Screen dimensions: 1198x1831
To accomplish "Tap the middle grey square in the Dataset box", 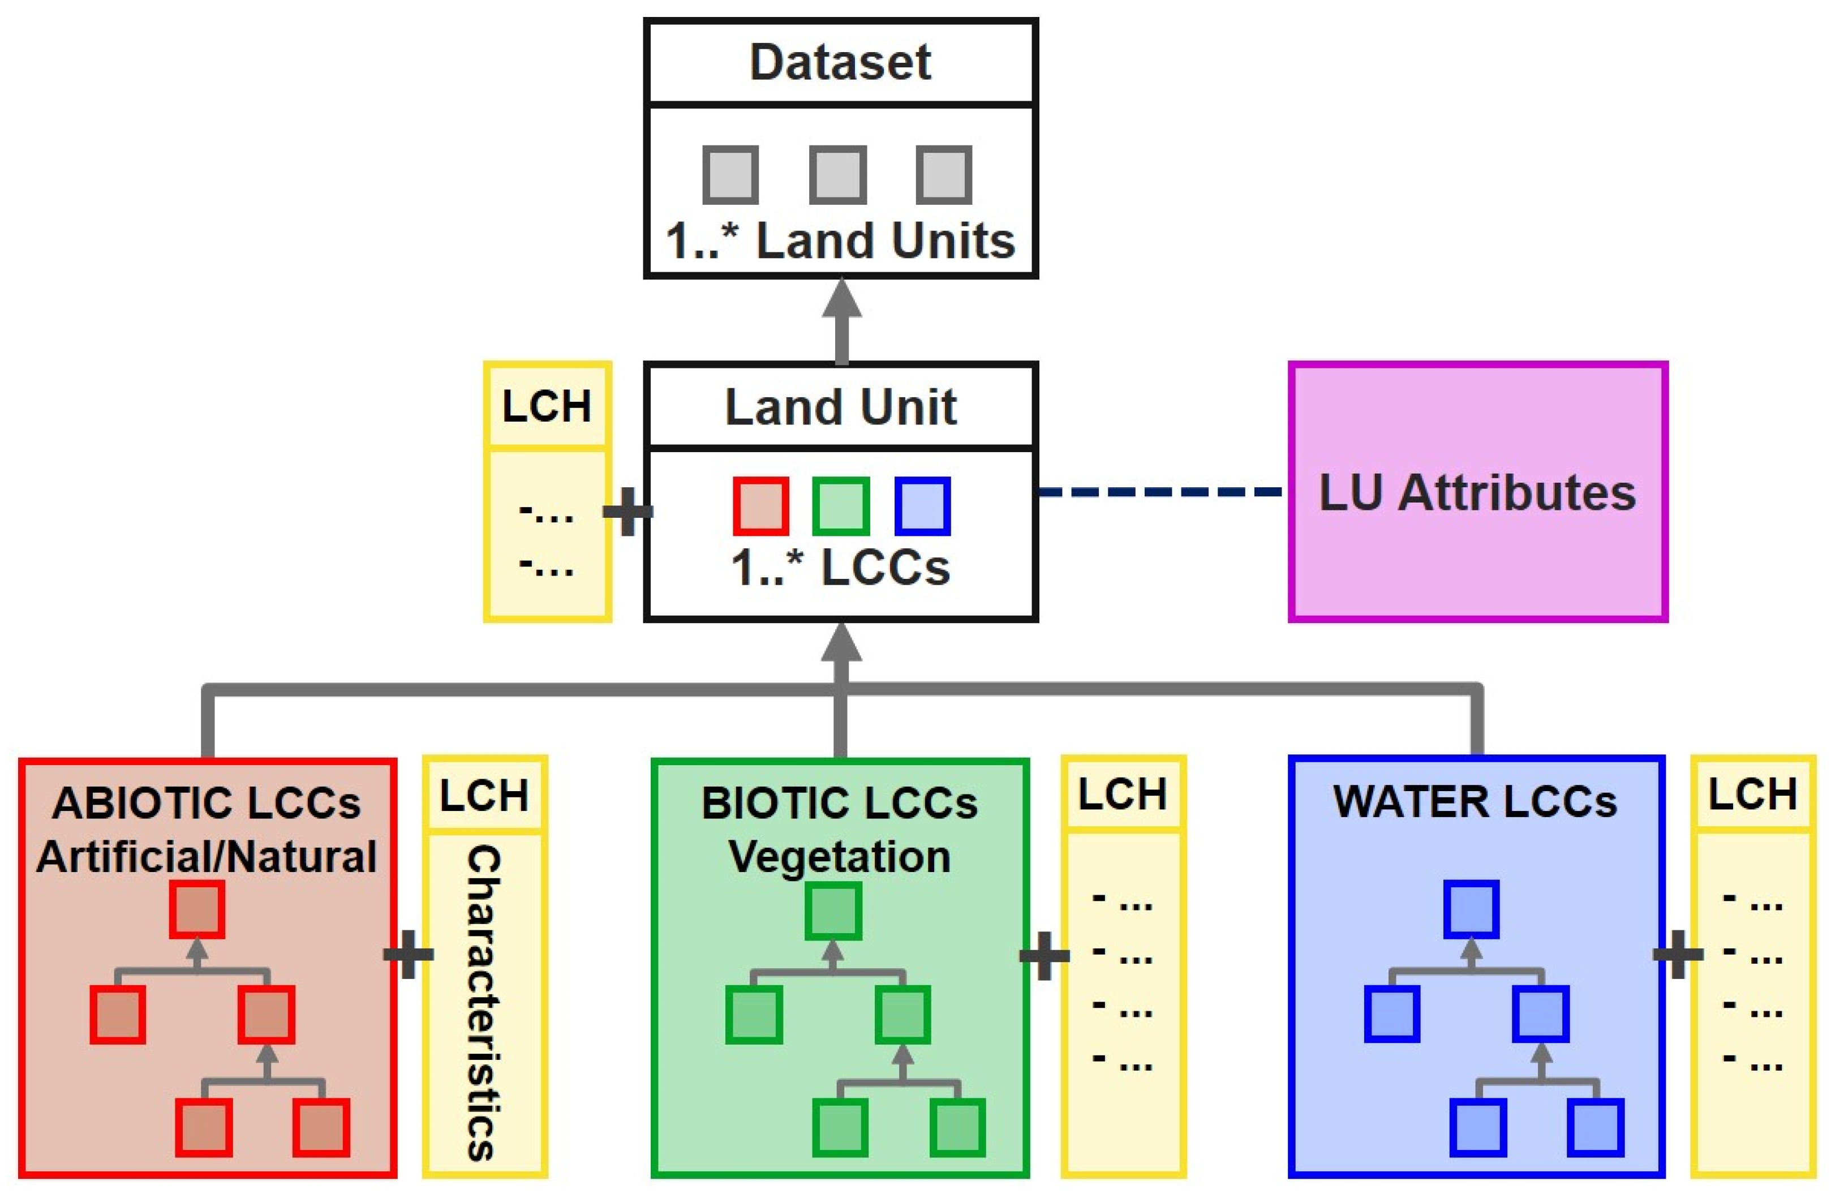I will coord(838,175).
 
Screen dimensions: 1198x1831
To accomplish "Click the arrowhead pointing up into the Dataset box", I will coord(841,300).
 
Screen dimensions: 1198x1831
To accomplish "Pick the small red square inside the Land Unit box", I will coord(760,505).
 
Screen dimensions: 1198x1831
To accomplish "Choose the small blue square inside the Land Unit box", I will coord(922,505).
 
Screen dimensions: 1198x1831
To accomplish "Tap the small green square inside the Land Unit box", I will coord(840,505).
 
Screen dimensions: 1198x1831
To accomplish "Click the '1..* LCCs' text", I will coord(840,568).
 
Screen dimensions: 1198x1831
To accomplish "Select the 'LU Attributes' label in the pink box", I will coord(1477,492).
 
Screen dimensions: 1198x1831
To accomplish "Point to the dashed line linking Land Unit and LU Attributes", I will coord(1162,491).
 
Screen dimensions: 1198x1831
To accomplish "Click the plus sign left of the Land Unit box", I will coord(627,511).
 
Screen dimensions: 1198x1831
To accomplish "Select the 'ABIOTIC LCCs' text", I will coord(206,802).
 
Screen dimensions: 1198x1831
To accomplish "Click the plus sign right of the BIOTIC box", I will coord(1043,955).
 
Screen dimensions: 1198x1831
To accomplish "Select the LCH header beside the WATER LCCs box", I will coord(1752,794).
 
